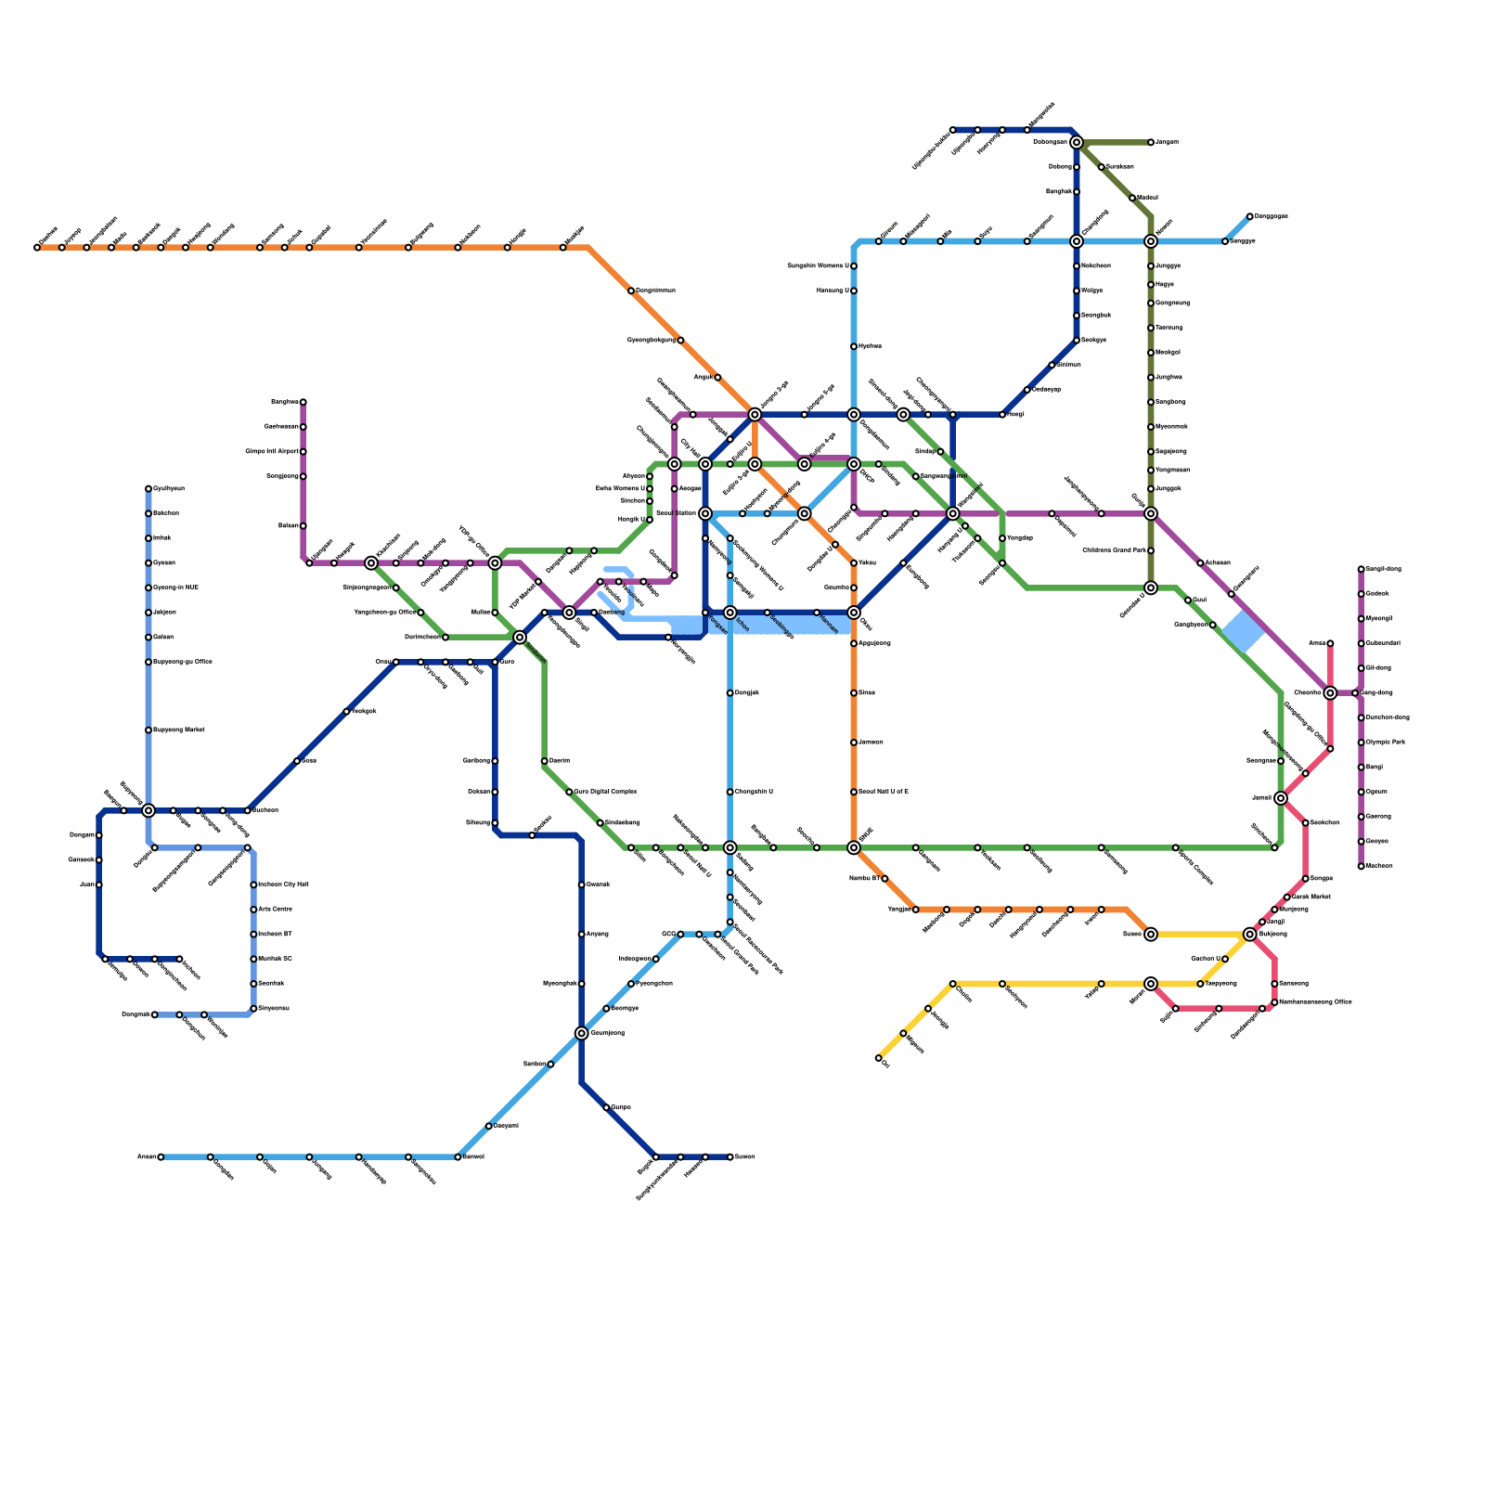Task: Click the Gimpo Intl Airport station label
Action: pyautogui.click(x=272, y=452)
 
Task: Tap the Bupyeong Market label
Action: pyautogui.click(x=176, y=730)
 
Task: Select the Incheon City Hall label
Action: pyautogui.click(x=283, y=885)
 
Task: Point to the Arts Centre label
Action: pyautogui.click(x=277, y=910)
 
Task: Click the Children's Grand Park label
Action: pyautogui.click(x=1114, y=551)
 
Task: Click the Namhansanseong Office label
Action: pyautogui.click(x=1315, y=1002)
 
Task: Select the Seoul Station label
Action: pyautogui.click(x=676, y=513)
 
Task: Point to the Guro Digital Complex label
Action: pyautogui.click(x=605, y=792)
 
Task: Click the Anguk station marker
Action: pyautogui.click(x=717, y=378)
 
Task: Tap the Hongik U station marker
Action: pyautogui.click(x=650, y=520)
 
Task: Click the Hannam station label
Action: pyautogui.click(x=829, y=625)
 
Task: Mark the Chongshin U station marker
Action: pyautogui.click(x=730, y=792)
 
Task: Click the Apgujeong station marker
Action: pyautogui.click(x=854, y=643)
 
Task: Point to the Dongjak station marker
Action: pyautogui.click(x=730, y=693)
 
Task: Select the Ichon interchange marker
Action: pyautogui.click(x=730, y=613)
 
